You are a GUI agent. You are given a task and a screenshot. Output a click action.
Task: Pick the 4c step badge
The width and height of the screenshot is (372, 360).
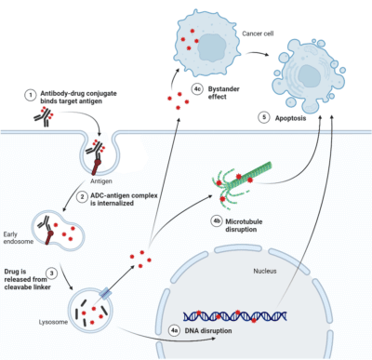[x=197, y=89]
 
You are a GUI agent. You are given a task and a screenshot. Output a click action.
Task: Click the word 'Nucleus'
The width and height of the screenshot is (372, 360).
[x=266, y=248]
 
